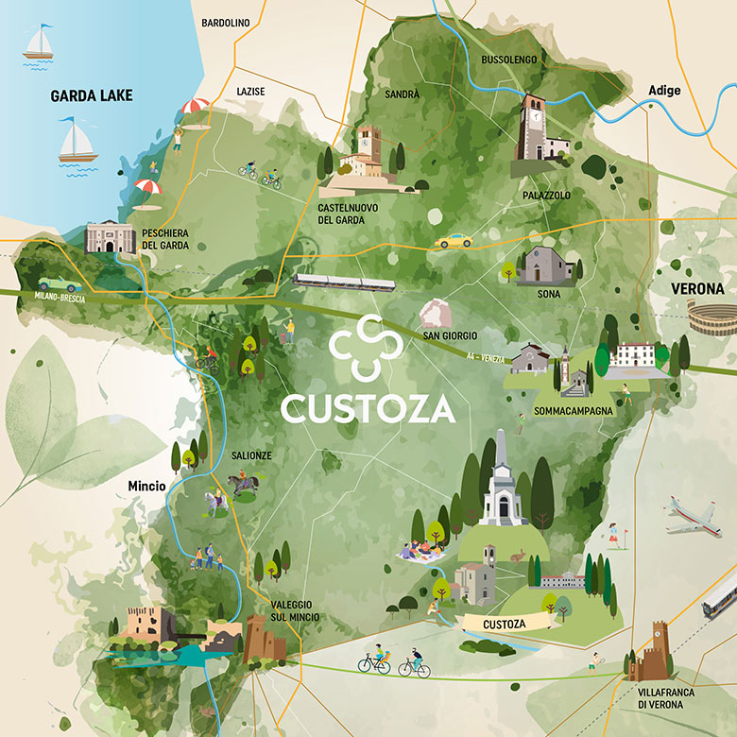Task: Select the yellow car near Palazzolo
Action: (454, 241)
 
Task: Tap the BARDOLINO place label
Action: (225, 23)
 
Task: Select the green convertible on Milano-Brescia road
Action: (59, 283)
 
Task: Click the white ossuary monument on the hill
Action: (503, 482)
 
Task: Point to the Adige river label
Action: (664, 90)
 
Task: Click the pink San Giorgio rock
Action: (437, 313)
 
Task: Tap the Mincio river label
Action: (147, 487)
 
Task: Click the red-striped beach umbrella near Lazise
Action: (195, 109)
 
